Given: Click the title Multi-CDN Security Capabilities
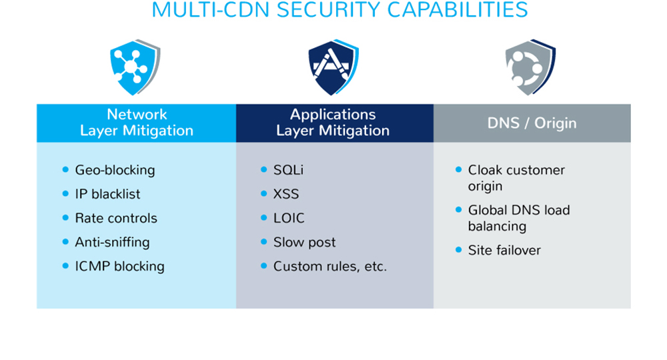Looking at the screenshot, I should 340,10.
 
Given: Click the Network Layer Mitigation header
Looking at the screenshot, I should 136,123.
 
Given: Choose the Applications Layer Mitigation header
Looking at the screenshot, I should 333,123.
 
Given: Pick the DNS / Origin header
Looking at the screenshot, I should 532,123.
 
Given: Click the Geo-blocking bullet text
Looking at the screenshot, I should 115,170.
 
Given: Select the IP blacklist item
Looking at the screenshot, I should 107,194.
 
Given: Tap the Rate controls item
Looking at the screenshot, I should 116,218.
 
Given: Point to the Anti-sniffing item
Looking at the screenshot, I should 112,242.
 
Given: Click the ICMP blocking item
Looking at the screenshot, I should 119,266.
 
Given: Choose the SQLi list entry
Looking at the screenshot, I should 288,170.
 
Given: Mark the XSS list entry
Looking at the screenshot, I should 286,194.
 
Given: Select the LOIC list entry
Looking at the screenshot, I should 289,218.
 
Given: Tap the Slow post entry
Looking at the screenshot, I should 304,242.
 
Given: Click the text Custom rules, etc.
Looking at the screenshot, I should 330,266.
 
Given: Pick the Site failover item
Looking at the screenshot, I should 504,250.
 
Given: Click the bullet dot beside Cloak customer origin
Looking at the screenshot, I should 459,169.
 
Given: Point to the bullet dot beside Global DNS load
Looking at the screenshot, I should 459,209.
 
